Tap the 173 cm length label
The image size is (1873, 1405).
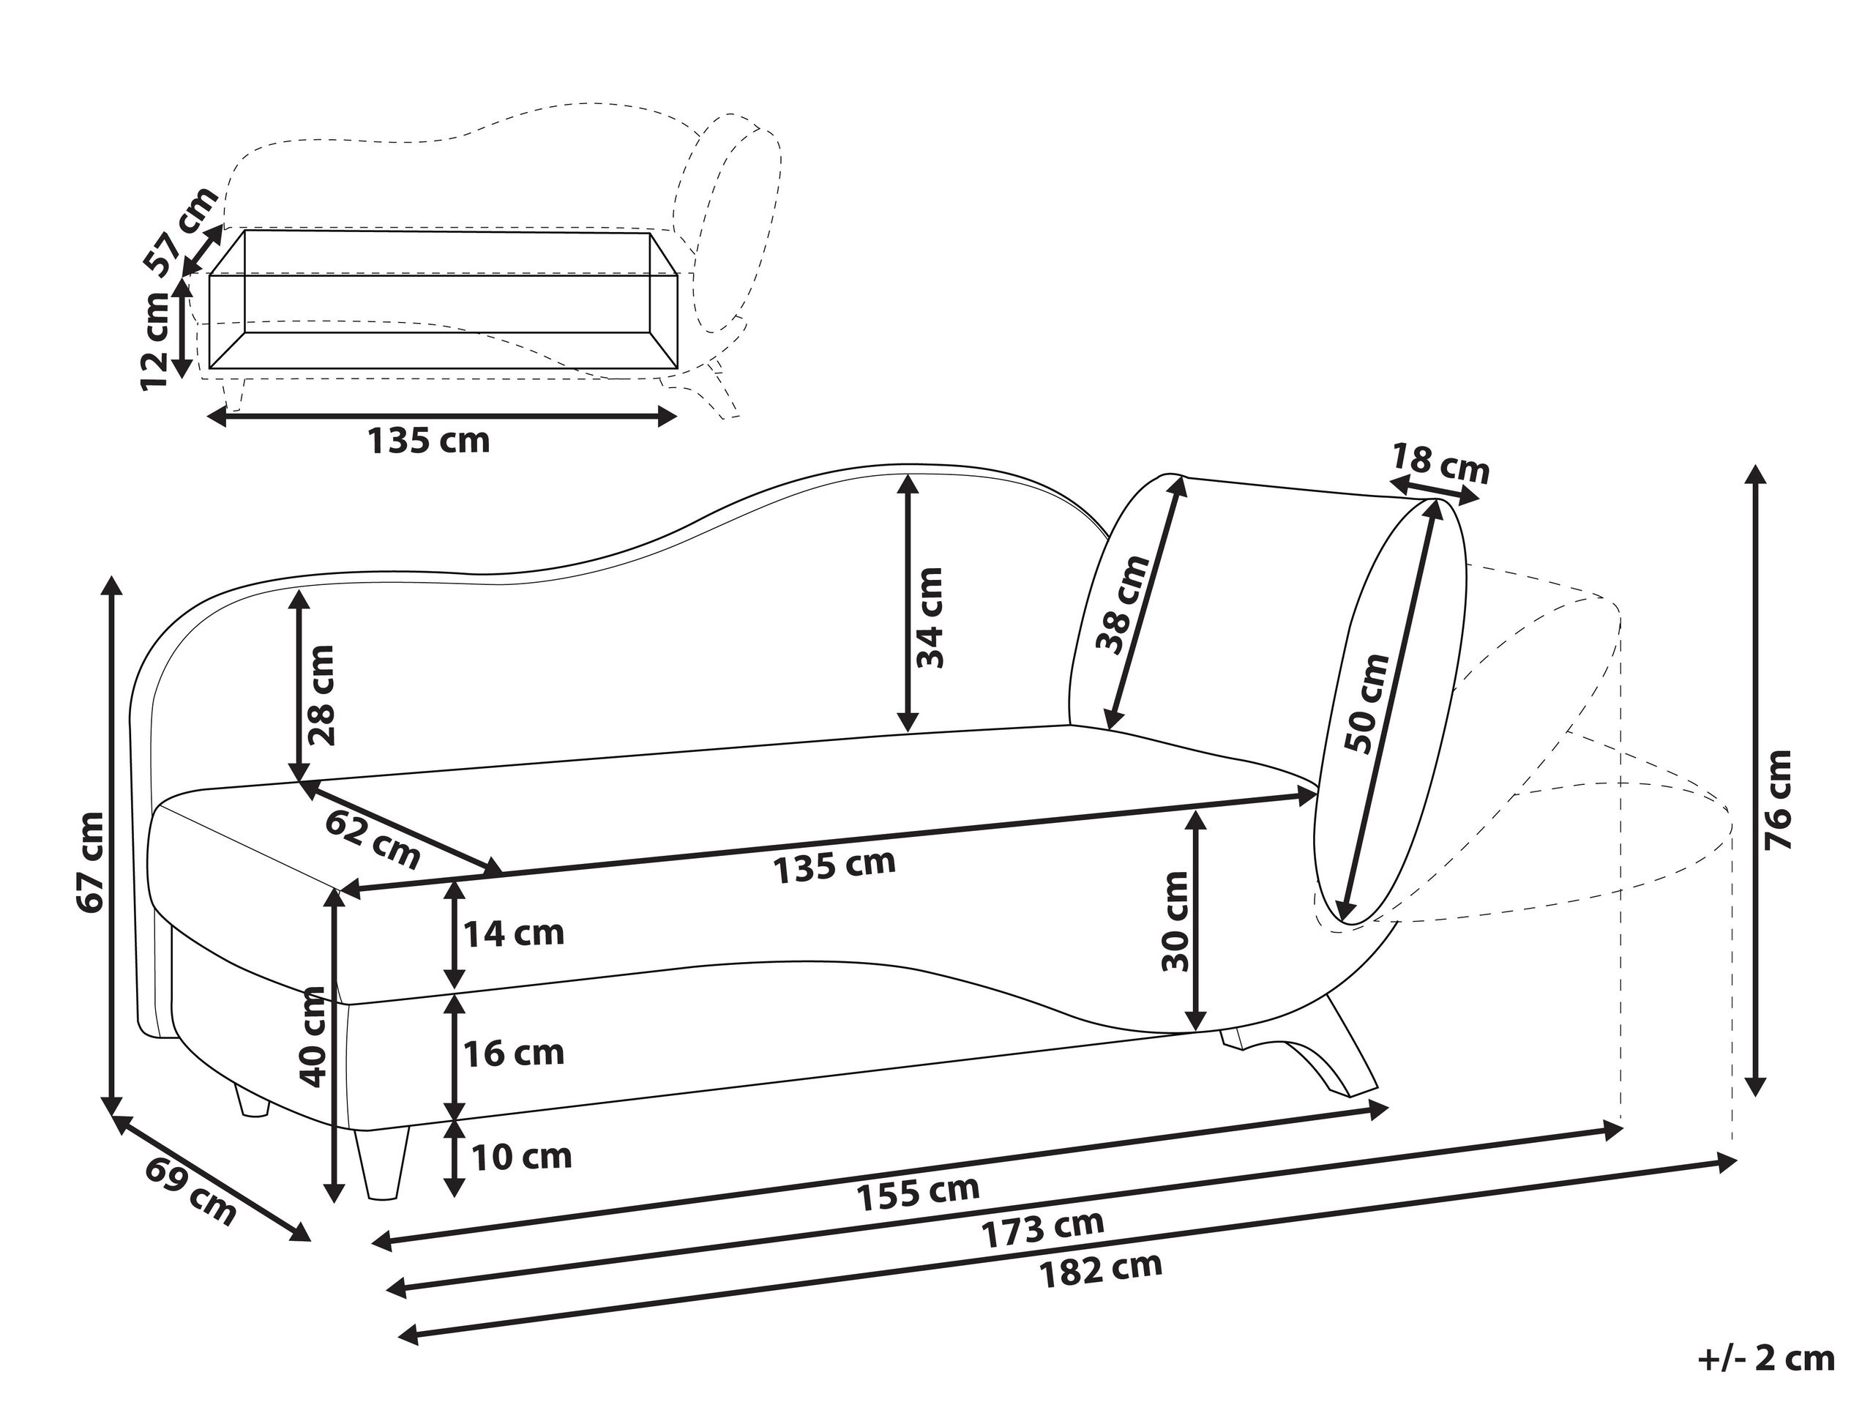(1043, 1229)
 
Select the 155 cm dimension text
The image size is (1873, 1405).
(918, 1193)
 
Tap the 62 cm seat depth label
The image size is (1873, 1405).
(373, 838)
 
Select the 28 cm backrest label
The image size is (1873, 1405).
(322, 695)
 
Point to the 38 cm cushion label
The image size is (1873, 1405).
(1124, 604)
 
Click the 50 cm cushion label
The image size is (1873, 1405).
(1367, 704)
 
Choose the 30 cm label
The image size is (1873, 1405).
(1175, 922)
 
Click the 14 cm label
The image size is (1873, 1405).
(513, 933)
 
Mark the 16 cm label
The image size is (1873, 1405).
(513, 1053)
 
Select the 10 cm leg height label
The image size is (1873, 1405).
(520, 1156)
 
